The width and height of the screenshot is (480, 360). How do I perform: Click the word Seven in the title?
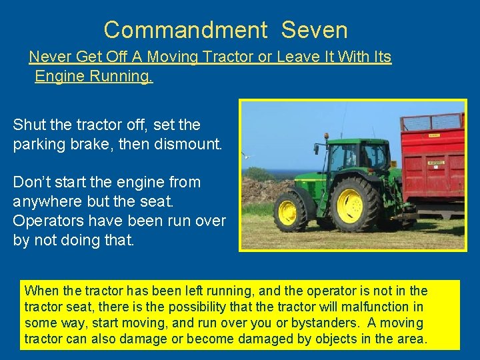[x=314, y=30]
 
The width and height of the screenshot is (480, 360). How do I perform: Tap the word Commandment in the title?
[x=186, y=30]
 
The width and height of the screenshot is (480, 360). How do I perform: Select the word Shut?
[x=29, y=125]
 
